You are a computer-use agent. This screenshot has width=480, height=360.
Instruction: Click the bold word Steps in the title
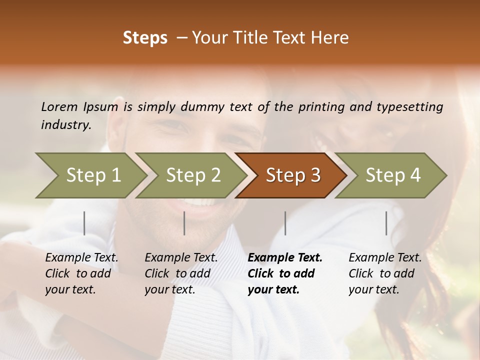(x=145, y=38)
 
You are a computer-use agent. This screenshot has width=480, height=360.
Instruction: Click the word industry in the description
(x=65, y=124)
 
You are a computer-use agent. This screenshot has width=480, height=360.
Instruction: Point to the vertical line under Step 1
(x=84, y=223)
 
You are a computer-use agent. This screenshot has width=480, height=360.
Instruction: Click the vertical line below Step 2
(x=184, y=223)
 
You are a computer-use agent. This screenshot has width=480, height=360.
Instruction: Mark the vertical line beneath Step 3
(x=285, y=223)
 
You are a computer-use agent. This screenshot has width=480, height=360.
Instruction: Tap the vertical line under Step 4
(x=386, y=223)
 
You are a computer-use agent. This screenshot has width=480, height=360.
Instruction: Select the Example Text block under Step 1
(x=81, y=273)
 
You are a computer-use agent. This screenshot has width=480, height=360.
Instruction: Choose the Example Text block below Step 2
(x=181, y=273)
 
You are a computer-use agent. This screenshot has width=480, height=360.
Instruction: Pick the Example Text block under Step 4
(x=385, y=273)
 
